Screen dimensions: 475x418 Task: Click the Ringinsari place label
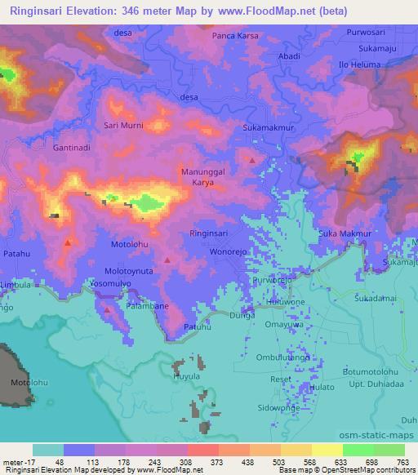(209, 233)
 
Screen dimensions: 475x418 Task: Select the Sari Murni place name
(122, 126)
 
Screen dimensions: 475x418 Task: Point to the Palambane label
(145, 308)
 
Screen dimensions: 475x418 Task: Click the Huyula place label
(186, 376)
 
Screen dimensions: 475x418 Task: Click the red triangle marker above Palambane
(108, 309)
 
